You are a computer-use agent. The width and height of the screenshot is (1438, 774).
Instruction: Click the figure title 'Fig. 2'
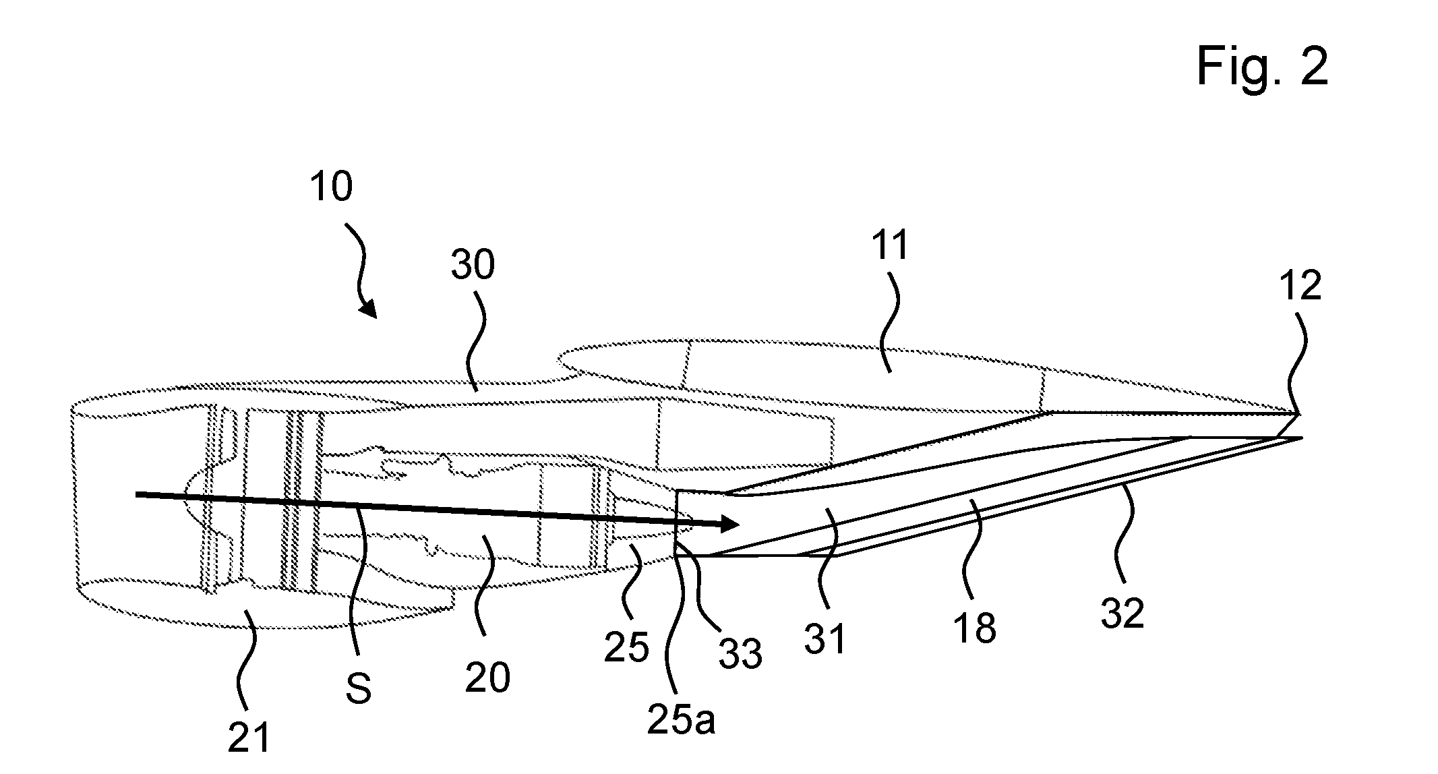1262,67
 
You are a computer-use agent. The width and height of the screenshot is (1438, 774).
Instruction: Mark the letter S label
358,688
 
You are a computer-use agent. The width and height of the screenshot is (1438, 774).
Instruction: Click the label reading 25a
681,719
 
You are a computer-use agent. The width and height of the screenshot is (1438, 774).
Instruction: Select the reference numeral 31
825,638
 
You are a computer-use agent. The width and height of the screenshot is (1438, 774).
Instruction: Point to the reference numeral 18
975,626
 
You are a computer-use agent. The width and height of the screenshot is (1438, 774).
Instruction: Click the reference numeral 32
1122,613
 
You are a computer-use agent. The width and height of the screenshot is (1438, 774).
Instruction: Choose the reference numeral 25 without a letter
626,647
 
